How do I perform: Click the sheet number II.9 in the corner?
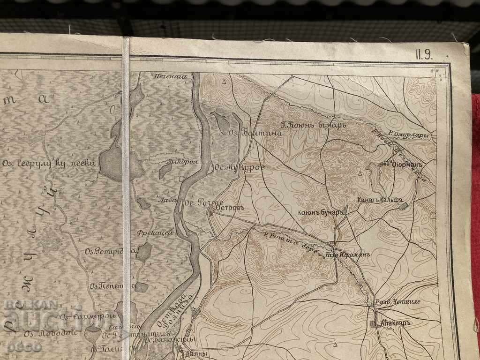(424, 54)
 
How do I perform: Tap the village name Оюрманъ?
(407, 165)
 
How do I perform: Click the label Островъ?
(228, 207)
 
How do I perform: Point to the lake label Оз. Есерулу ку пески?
(49, 164)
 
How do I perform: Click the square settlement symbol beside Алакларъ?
(373, 324)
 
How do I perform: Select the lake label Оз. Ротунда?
(104, 251)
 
